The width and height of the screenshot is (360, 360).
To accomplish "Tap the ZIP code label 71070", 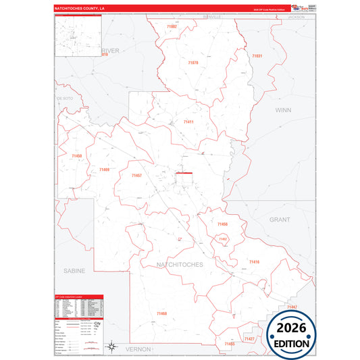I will (x=193, y=63).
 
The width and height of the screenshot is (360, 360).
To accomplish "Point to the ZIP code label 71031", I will (x=257, y=55).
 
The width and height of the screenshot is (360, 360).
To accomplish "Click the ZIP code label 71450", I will (x=76, y=156).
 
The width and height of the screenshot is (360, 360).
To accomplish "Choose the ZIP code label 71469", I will (x=103, y=170).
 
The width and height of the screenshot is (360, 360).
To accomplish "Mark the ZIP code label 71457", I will (x=136, y=176).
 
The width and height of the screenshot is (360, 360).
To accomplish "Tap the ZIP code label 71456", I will (x=223, y=224).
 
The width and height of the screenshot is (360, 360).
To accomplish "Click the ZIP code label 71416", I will (x=254, y=261).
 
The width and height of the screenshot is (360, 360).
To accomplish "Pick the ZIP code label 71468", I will (x=161, y=313).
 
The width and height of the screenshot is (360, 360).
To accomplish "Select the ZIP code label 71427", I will (x=249, y=338).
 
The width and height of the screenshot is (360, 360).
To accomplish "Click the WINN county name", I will (x=282, y=109).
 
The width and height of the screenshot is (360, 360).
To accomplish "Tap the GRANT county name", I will (x=279, y=220).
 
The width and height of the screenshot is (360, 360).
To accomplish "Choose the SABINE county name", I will (x=74, y=270).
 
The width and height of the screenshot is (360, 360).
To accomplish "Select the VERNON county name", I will (x=138, y=349).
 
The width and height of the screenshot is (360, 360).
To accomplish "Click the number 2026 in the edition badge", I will (x=291, y=329).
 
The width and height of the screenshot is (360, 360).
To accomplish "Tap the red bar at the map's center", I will (x=184, y=173).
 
